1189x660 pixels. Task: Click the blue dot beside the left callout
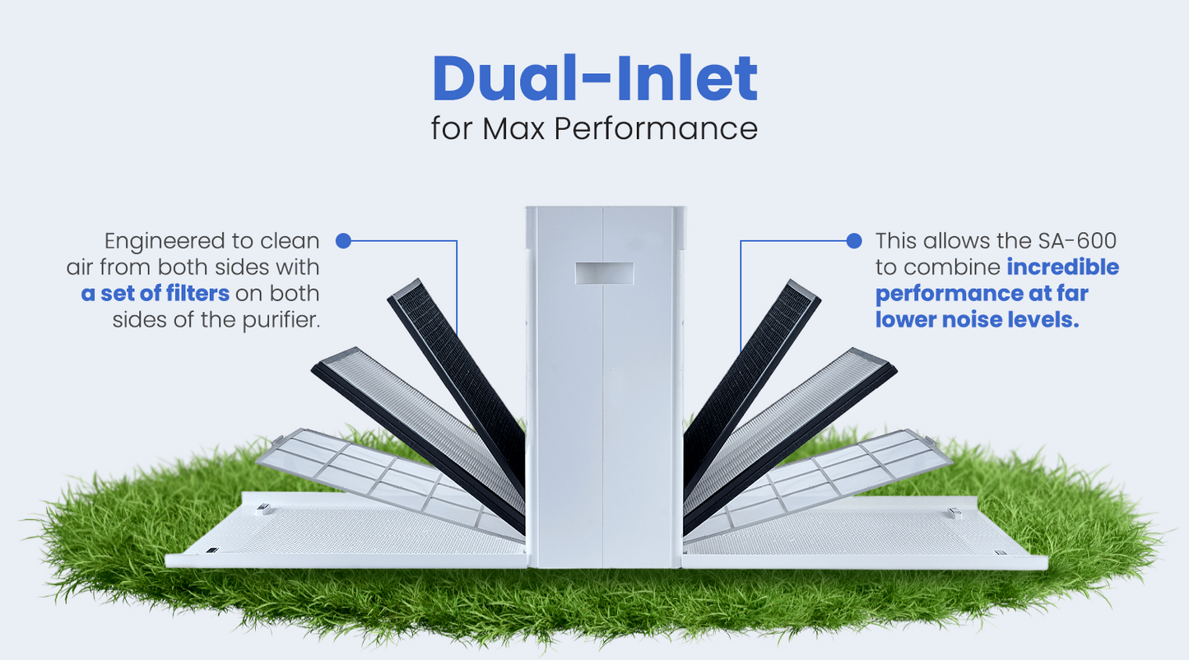344,241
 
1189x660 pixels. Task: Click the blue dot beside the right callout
854,241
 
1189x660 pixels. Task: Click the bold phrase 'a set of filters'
156,294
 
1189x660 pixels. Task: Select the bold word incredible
1062,267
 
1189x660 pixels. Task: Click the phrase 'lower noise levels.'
977,320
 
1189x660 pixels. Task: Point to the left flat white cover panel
329,535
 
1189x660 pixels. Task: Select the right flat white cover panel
872,535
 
